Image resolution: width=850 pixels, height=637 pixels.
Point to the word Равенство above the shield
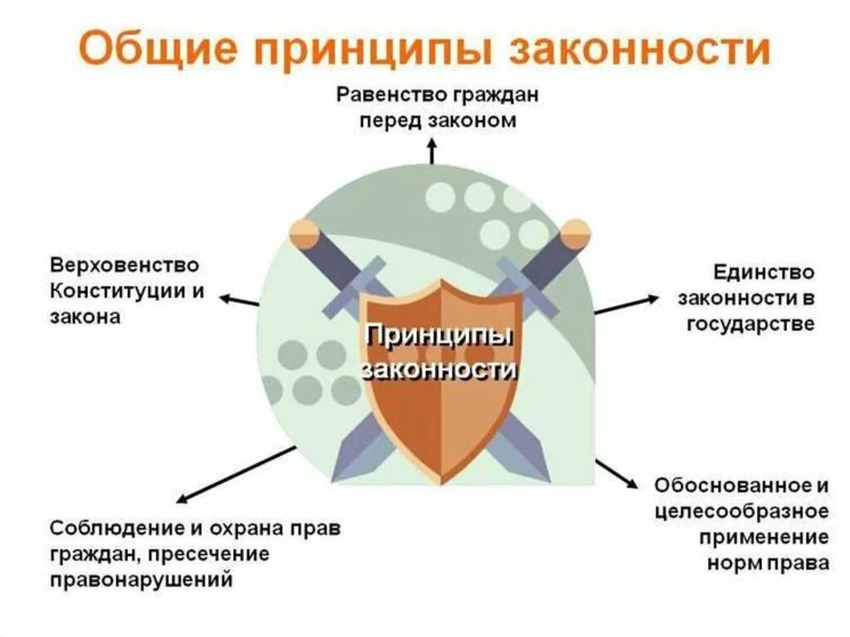391,94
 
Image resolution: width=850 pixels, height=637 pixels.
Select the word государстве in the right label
750,323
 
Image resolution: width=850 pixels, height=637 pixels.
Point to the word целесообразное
740,510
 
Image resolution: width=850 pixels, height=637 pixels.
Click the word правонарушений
140,579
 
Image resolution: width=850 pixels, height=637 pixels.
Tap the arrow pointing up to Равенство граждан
431,152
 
